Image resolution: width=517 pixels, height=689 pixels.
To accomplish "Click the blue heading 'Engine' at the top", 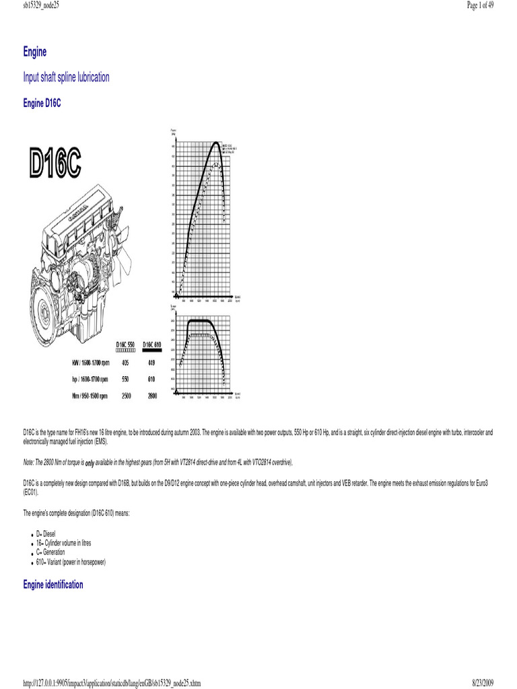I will point(34,52).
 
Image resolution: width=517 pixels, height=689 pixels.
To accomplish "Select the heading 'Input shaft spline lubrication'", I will point(66,77).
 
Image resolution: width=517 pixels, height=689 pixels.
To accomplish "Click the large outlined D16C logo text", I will point(55,164).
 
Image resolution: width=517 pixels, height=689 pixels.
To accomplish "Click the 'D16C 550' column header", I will point(126,346).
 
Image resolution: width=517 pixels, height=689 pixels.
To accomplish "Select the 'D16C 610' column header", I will point(152,346).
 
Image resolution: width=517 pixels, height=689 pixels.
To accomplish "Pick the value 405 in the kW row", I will point(125,363).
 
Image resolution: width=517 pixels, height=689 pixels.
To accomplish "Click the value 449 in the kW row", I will point(151,363).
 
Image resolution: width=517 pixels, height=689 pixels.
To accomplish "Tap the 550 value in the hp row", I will point(125,379).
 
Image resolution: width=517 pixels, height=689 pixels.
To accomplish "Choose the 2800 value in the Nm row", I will point(152,396).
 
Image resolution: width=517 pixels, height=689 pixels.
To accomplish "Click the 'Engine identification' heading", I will point(53,585).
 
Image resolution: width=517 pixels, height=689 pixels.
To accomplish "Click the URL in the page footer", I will point(112,683).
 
